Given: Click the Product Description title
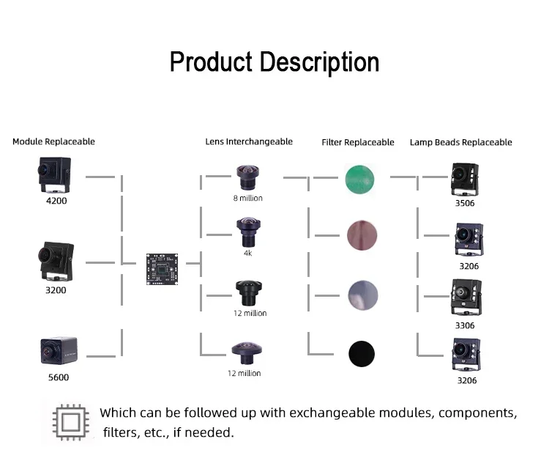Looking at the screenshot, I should pyautogui.click(x=274, y=62).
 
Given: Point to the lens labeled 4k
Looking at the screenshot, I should pyautogui.click(x=246, y=232).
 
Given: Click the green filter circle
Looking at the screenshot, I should pyautogui.click(x=362, y=179).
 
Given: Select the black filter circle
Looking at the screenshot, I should pyautogui.click(x=362, y=353).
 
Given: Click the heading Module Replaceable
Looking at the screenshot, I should pyautogui.click(x=53, y=141).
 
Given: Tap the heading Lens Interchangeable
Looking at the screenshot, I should pyautogui.click(x=249, y=141).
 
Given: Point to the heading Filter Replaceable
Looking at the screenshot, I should pyautogui.click(x=358, y=142).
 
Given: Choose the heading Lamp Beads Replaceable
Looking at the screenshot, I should pyautogui.click(x=461, y=142).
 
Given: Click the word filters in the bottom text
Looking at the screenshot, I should pyautogui.click(x=120, y=432).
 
